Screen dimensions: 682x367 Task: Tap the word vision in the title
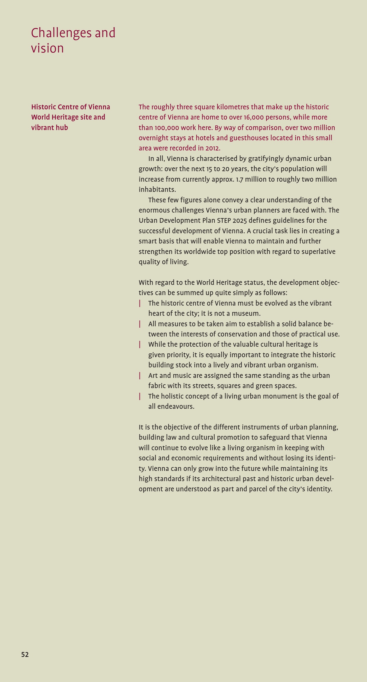coord(47,48)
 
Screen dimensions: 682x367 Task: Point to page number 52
coord(25,655)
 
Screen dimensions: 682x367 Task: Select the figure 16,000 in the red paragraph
coord(253,117)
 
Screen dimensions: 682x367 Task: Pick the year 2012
coord(212,148)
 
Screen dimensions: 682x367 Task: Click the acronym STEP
coord(224,220)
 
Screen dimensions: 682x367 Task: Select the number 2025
coord(239,220)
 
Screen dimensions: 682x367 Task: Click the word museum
coord(247,313)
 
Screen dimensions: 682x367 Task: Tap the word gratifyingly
coord(266,159)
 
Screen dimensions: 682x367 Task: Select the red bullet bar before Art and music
coord(140,376)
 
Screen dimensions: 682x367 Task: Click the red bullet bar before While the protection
coord(140,344)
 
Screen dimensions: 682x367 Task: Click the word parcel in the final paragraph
coord(258,489)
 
